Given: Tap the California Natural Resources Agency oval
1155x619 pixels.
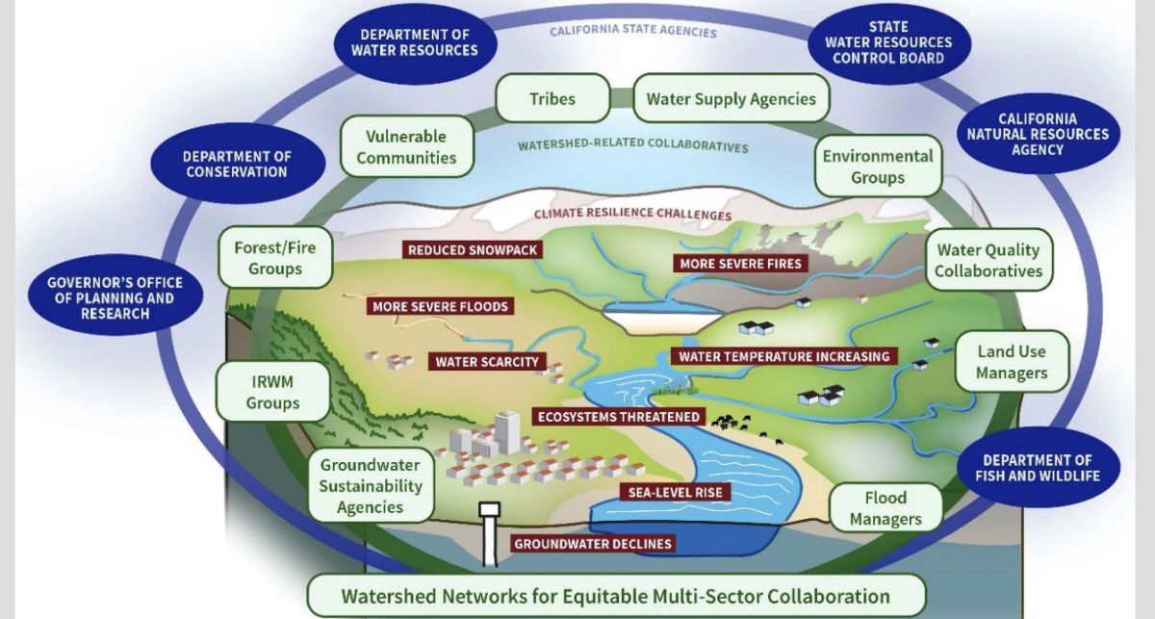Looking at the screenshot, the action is (1038, 134).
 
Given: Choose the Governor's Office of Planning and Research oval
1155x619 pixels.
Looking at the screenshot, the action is (115, 298).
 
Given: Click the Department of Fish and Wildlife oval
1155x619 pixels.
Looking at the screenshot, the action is (1037, 468).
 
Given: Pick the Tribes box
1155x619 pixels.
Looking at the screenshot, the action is (552, 99).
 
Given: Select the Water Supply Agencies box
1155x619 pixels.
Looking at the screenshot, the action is (731, 99).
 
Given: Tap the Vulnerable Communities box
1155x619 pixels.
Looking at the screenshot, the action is (406, 147).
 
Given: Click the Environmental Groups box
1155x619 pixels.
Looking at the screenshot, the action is (877, 166).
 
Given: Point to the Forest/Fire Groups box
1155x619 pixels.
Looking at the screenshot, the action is (274, 257).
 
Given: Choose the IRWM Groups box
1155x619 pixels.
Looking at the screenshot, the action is (272, 392).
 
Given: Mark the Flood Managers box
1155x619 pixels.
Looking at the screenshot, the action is (885, 508).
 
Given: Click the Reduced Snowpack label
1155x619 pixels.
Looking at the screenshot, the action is (472, 250).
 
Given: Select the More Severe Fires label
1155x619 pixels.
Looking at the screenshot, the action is (739, 263).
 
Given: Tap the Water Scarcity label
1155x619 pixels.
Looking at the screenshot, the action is (487, 362).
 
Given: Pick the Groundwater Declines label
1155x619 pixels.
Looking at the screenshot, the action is (592, 544).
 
